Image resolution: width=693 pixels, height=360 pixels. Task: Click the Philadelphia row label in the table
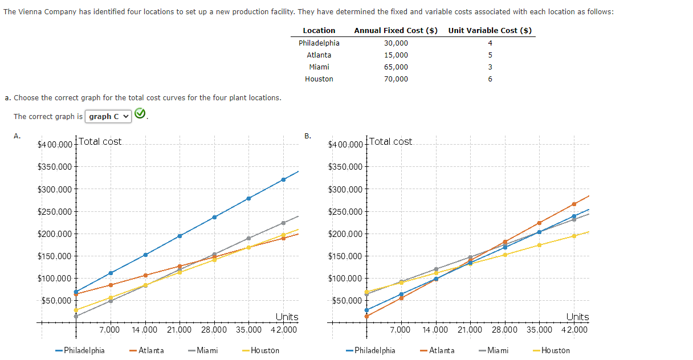(x=319, y=43)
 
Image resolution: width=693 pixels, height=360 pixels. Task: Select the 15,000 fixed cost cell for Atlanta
(x=396, y=55)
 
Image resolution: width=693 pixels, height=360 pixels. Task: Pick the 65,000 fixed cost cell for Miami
(x=396, y=67)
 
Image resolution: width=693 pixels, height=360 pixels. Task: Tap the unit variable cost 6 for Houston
(x=490, y=79)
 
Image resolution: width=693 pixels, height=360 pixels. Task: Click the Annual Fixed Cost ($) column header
(x=396, y=31)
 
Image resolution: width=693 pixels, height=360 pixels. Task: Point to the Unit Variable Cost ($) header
(x=490, y=31)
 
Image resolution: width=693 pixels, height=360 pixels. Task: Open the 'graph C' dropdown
(x=108, y=117)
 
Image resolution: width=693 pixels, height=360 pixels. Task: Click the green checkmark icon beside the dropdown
(x=141, y=115)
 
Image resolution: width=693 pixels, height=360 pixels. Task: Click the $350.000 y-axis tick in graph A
(x=54, y=167)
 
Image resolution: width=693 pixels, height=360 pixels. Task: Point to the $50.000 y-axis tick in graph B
(x=345, y=301)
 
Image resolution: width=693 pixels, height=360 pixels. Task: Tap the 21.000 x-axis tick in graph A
(x=179, y=330)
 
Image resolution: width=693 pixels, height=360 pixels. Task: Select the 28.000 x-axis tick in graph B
(x=504, y=330)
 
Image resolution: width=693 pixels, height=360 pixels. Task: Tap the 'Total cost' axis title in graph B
(x=391, y=142)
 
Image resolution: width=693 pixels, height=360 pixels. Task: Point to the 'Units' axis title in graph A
(x=287, y=317)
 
